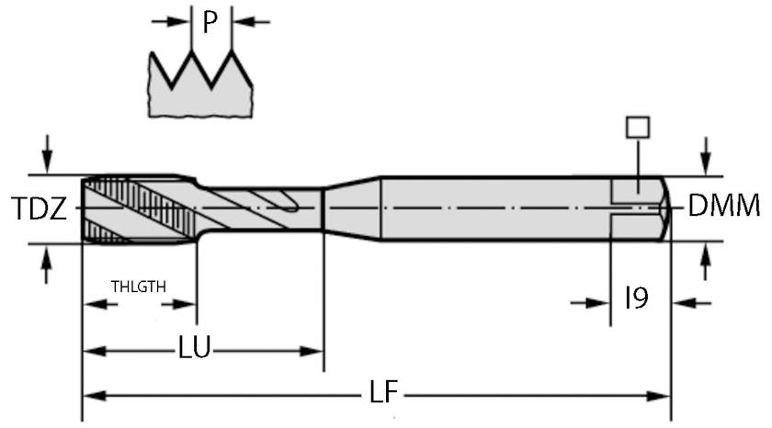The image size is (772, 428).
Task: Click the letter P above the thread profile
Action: pos(210,21)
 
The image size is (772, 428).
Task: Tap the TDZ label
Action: pos(40,209)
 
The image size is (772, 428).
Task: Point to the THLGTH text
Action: pos(139,286)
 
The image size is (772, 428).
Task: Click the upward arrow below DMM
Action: pos(705,264)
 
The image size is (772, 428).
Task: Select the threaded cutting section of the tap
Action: pos(138,208)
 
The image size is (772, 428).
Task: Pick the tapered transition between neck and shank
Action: pos(351,208)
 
